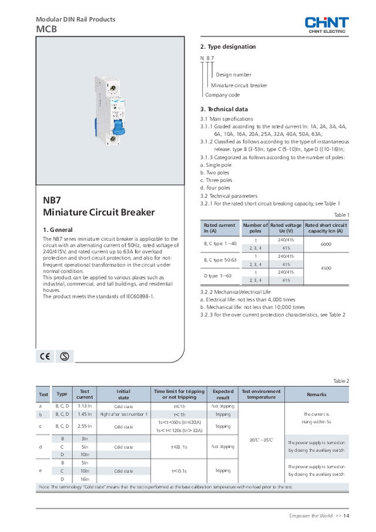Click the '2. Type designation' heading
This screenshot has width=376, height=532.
coord(228,46)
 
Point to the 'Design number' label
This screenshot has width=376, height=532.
coord(233,75)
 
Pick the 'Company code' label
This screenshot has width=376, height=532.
coord(222,95)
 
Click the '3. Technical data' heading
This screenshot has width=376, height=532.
coord(224,109)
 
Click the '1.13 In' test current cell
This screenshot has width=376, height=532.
coord(85,406)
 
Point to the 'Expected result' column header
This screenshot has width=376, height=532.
coord(223,394)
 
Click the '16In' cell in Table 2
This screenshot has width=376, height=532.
coord(85,479)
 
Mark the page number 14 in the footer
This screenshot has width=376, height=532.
coord(347,516)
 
